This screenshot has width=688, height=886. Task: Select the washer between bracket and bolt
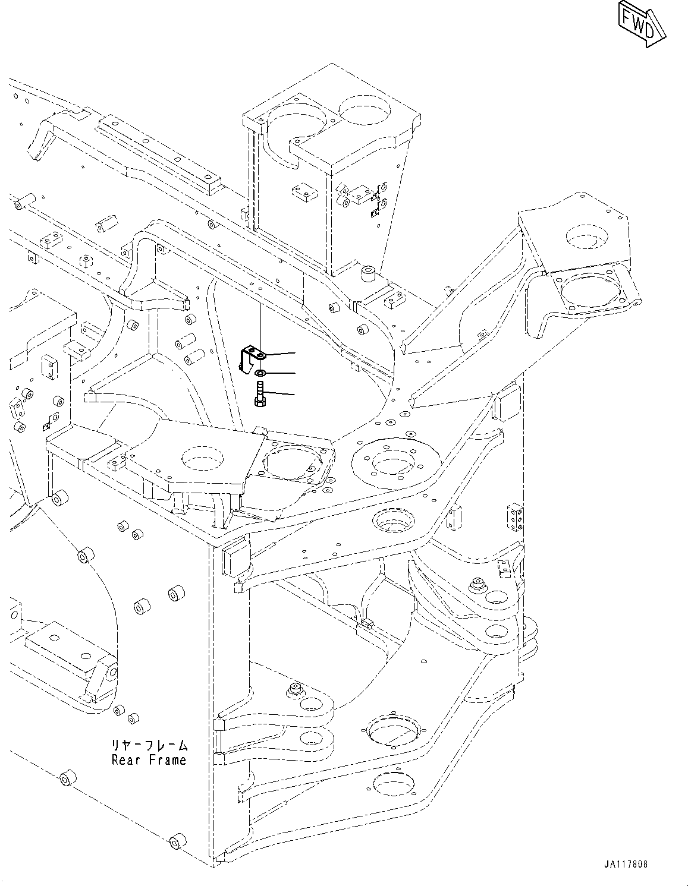[x=260, y=373]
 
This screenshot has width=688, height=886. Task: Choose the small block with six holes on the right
[x=515, y=518]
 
